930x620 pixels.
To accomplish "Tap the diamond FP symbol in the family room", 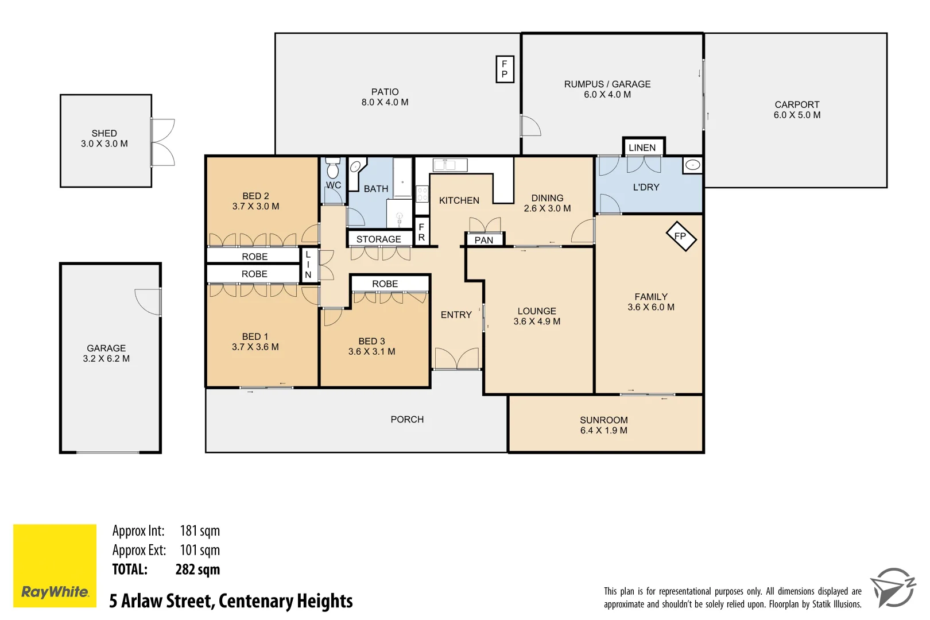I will point(681,236).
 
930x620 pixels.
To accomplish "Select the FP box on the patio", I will point(504,69).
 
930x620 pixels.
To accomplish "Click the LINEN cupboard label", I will point(642,148).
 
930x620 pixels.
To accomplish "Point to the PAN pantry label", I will point(483,240).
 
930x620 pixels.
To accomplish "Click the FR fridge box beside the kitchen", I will point(421,232).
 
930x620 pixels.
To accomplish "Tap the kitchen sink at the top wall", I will point(449,165).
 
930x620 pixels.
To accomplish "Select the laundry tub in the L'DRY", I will point(692,165).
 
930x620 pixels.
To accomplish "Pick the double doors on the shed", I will point(163,142).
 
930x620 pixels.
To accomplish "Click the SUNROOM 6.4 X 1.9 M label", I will point(603,425).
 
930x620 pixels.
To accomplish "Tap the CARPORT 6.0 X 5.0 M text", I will point(797,110).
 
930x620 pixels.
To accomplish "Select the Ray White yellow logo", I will point(55,565).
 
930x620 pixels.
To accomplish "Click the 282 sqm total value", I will point(197,569).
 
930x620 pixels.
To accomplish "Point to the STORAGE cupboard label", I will point(378,239).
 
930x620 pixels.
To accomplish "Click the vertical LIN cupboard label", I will point(308,265).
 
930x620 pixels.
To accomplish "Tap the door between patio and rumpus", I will point(530,126).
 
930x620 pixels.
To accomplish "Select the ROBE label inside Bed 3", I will point(385,284).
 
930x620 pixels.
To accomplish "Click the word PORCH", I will point(407,420).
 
